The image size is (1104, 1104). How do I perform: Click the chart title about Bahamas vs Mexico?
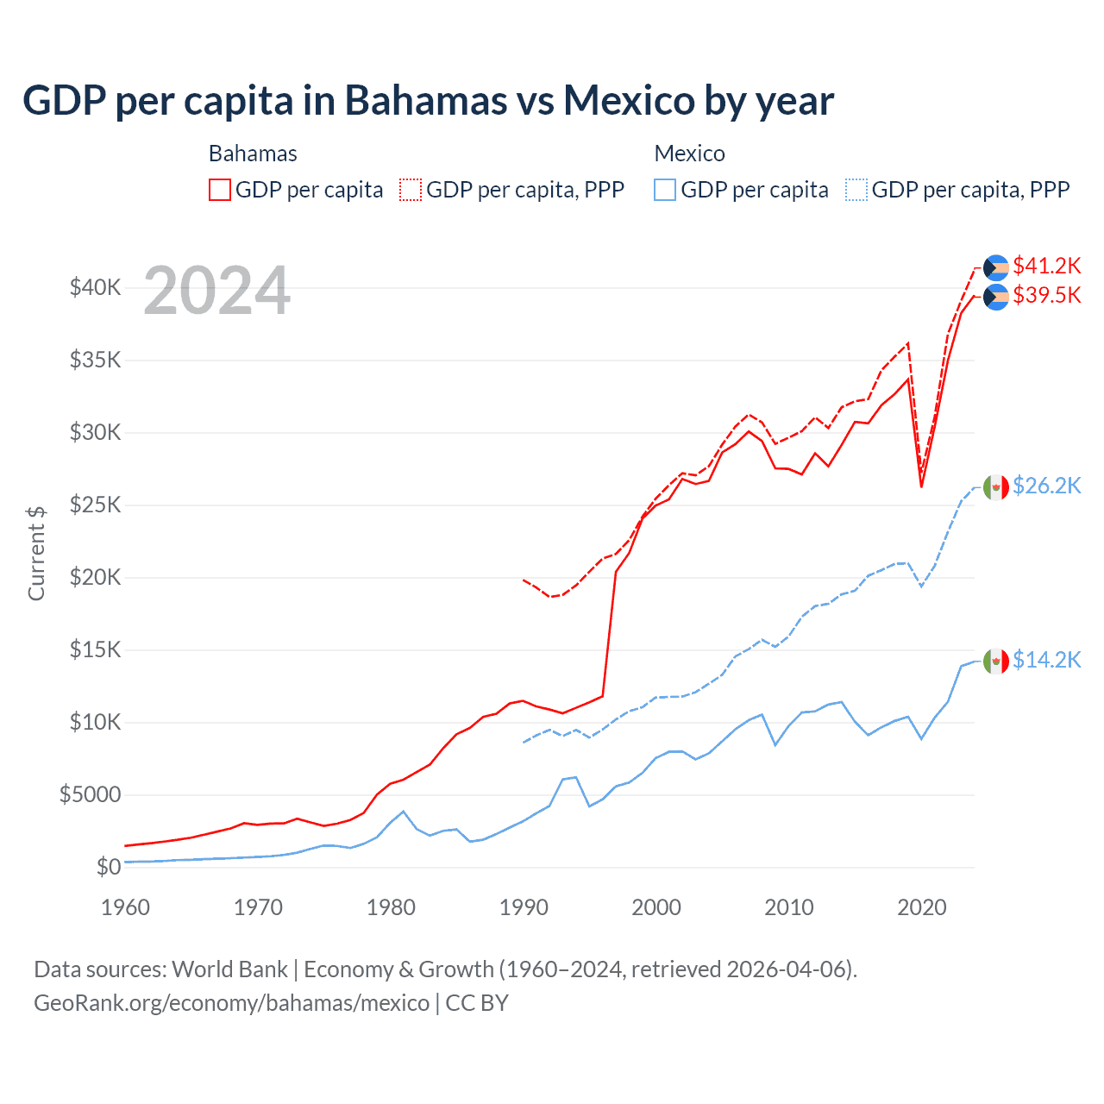428,100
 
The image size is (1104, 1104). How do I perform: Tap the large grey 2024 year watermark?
216,291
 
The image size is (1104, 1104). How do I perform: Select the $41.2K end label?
1046,266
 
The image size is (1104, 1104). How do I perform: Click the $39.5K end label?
1046,295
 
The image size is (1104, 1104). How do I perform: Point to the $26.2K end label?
1046,486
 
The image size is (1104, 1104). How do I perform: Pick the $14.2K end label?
1046,660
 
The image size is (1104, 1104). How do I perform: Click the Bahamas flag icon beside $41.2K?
996,267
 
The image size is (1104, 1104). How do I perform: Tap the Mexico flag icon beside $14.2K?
996,661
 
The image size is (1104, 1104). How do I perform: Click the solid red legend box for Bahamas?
220,190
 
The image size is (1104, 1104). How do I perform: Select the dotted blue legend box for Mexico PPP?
856,190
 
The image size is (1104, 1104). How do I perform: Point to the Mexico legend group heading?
689,154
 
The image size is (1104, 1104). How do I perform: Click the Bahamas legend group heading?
253,154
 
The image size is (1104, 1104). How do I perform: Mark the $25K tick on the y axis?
95,505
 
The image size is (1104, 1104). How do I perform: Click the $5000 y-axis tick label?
90,794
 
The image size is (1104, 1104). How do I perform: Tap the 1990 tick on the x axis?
524,907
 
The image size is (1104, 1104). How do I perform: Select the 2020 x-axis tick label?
921,907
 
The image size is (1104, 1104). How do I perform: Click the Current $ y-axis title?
36,553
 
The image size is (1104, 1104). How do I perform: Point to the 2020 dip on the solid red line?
921,486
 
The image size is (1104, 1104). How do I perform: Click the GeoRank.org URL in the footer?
231,1003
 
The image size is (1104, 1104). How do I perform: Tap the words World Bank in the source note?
229,969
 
